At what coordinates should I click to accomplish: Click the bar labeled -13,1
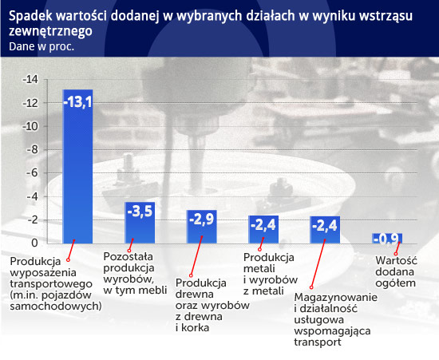pyautogui.click(x=78, y=166)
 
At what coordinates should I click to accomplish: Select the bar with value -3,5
pyautogui.click(x=140, y=223)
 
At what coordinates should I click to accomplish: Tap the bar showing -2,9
pyautogui.click(x=202, y=227)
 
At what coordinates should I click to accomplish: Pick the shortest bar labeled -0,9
pyautogui.click(x=387, y=238)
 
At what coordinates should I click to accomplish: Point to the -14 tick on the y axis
pyautogui.click(x=30, y=80)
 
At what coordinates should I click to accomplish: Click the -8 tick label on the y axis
pyautogui.click(x=32, y=150)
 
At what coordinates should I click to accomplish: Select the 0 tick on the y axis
pyautogui.click(x=34, y=243)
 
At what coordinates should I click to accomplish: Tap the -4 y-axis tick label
pyautogui.click(x=32, y=196)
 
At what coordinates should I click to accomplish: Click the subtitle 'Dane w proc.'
pyautogui.click(x=42, y=46)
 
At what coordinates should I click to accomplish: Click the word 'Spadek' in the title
pyautogui.click(x=30, y=16)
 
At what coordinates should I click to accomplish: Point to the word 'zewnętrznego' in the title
pyautogui.click(x=50, y=31)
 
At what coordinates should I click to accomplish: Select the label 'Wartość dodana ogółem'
pyautogui.click(x=396, y=271)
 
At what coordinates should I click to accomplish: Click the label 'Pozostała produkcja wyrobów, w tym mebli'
pyautogui.click(x=135, y=273)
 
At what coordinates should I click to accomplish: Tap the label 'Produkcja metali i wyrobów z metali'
pyautogui.click(x=271, y=274)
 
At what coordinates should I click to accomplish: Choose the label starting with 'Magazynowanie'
pyautogui.click(x=336, y=319)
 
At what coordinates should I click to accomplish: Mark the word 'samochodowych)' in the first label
pyautogui.click(x=56, y=306)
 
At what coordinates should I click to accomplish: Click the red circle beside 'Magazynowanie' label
pyautogui.click(x=311, y=287)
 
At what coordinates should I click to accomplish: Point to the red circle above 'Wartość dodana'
pyautogui.click(x=396, y=254)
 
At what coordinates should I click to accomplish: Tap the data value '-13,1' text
pyautogui.click(x=78, y=101)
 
